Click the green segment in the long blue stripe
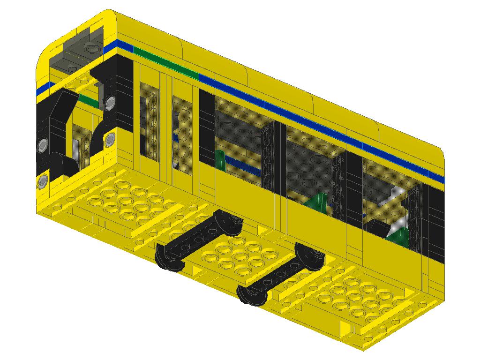tap(166, 61)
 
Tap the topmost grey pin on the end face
tap(111, 101)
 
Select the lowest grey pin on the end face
tap(43, 181)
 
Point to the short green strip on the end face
tap(89, 99)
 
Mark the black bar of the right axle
tap(279, 274)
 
